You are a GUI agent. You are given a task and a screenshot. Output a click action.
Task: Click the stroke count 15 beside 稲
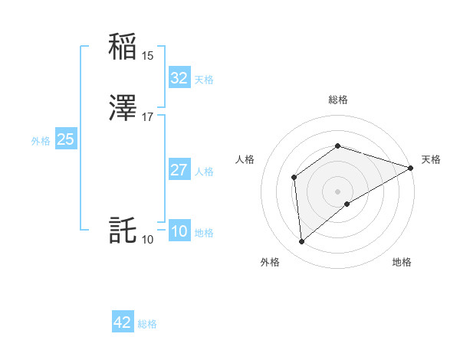click(x=148, y=56)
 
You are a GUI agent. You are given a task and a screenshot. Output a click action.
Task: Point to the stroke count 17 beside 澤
click(x=148, y=117)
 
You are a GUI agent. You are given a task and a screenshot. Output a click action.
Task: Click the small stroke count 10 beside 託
click(x=148, y=240)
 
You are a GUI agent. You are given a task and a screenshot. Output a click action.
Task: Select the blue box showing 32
click(x=179, y=78)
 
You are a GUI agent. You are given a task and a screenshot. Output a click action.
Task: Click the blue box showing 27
click(x=179, y=170)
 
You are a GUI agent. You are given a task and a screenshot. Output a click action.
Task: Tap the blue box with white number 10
click(x=179, y=232)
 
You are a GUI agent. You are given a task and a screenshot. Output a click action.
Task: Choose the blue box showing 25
click(x=65, y=139)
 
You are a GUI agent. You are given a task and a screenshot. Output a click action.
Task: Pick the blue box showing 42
click(x=123, y=322)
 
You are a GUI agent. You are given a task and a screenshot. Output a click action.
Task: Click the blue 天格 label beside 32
click(x=204, y=80)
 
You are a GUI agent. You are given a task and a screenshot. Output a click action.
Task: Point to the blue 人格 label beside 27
click(x=204, y=172)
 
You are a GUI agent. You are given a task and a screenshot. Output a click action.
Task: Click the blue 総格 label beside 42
click(x=147, y=324)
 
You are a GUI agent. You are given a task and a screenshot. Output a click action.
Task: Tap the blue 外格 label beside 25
click(x=40, y=141)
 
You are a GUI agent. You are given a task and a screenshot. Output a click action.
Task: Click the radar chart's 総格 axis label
click(x=337, y=100)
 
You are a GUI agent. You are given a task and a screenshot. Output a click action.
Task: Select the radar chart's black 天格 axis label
click(x=431, y=159)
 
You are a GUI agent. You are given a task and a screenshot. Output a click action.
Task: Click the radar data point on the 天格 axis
click(x=411, y=168)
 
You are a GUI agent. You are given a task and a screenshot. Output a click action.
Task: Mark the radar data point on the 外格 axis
click(x=302, y=242)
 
